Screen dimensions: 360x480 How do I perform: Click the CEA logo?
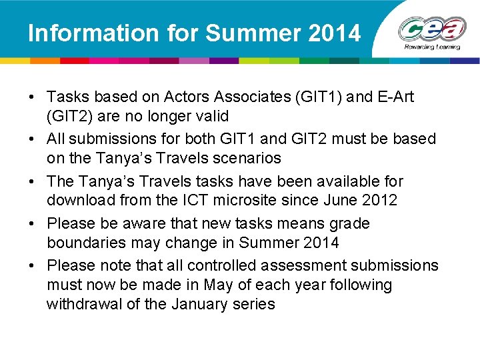pos(433,29)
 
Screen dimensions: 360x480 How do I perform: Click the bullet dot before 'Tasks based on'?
pos(32,97)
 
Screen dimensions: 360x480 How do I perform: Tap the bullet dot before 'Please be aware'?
pos(32,223)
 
